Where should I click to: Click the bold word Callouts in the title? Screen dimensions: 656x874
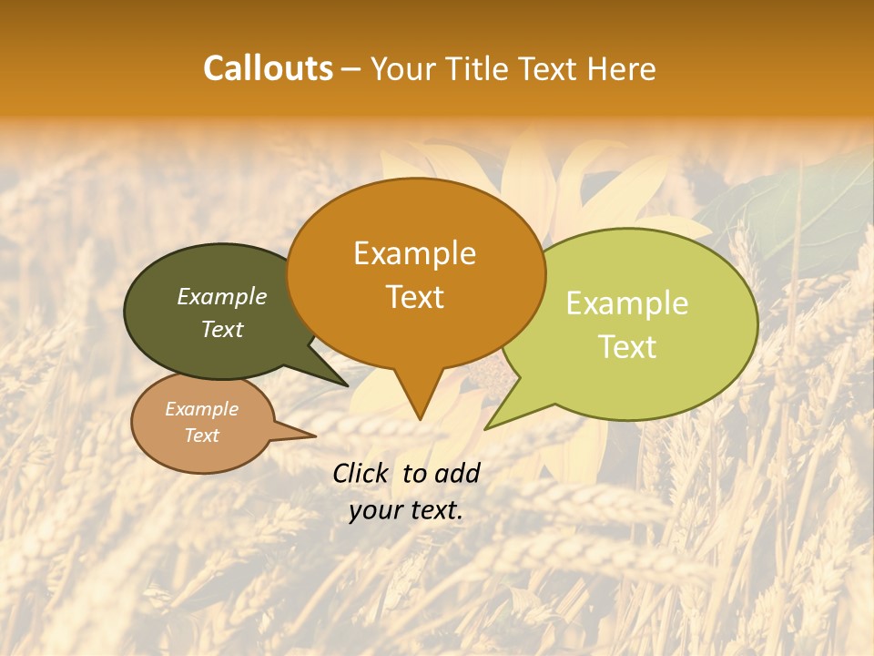click(268, 68)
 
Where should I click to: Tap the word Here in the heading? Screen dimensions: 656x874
click(622, 68)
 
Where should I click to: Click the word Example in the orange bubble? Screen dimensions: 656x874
click(414, 253)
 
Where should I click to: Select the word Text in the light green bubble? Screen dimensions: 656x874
click(627, 346)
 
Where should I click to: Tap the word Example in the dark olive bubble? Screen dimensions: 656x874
click(222, 297)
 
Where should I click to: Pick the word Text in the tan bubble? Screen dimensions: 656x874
click(202, 436)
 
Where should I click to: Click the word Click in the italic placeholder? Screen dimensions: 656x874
click(360, 474)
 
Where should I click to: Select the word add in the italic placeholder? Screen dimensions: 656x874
click(457, 474)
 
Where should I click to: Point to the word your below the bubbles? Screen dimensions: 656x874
click(375, 510)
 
